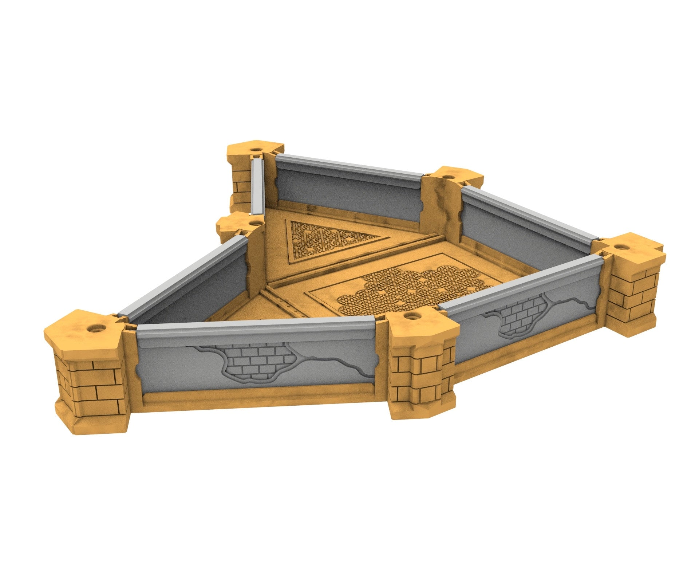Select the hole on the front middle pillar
pyautogui.click(x=410, y=315)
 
